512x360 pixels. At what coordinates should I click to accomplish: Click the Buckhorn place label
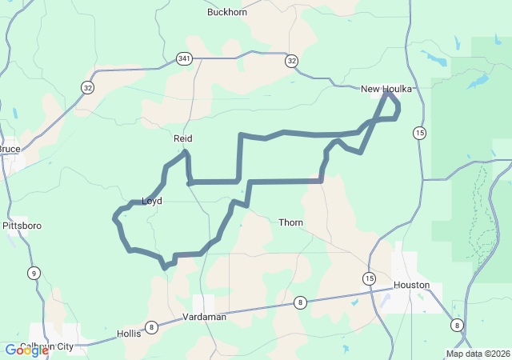(x=227, y=12)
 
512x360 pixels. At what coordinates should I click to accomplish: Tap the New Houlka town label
(x=386, y=89)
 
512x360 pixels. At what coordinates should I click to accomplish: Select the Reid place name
(x=183, y=138)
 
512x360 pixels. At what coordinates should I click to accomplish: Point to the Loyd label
(x=152, y=201)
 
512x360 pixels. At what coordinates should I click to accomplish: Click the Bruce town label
(x=10, y=149)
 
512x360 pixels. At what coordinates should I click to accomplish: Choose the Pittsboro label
(x=22, y=226)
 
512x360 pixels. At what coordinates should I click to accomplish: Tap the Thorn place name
(x=290, y=222)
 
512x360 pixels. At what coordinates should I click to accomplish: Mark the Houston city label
(x=411, y=285)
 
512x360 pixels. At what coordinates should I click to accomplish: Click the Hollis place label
(x=129, y=334)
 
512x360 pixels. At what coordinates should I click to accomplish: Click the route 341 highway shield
(x=185, y=58)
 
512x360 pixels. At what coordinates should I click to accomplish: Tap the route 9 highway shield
(x=33, y=273)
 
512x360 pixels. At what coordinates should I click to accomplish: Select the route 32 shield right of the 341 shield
(x=291, y=61)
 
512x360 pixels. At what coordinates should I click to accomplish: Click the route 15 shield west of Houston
(x=368, y=278)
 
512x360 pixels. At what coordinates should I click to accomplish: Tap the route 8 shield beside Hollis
(x=150, y=326)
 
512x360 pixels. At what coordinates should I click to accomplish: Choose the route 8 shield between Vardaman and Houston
(x=300, y=302)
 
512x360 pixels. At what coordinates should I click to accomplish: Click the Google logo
(x=26, y=350)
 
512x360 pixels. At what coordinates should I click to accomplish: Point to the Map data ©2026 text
(x=477, y=354)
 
